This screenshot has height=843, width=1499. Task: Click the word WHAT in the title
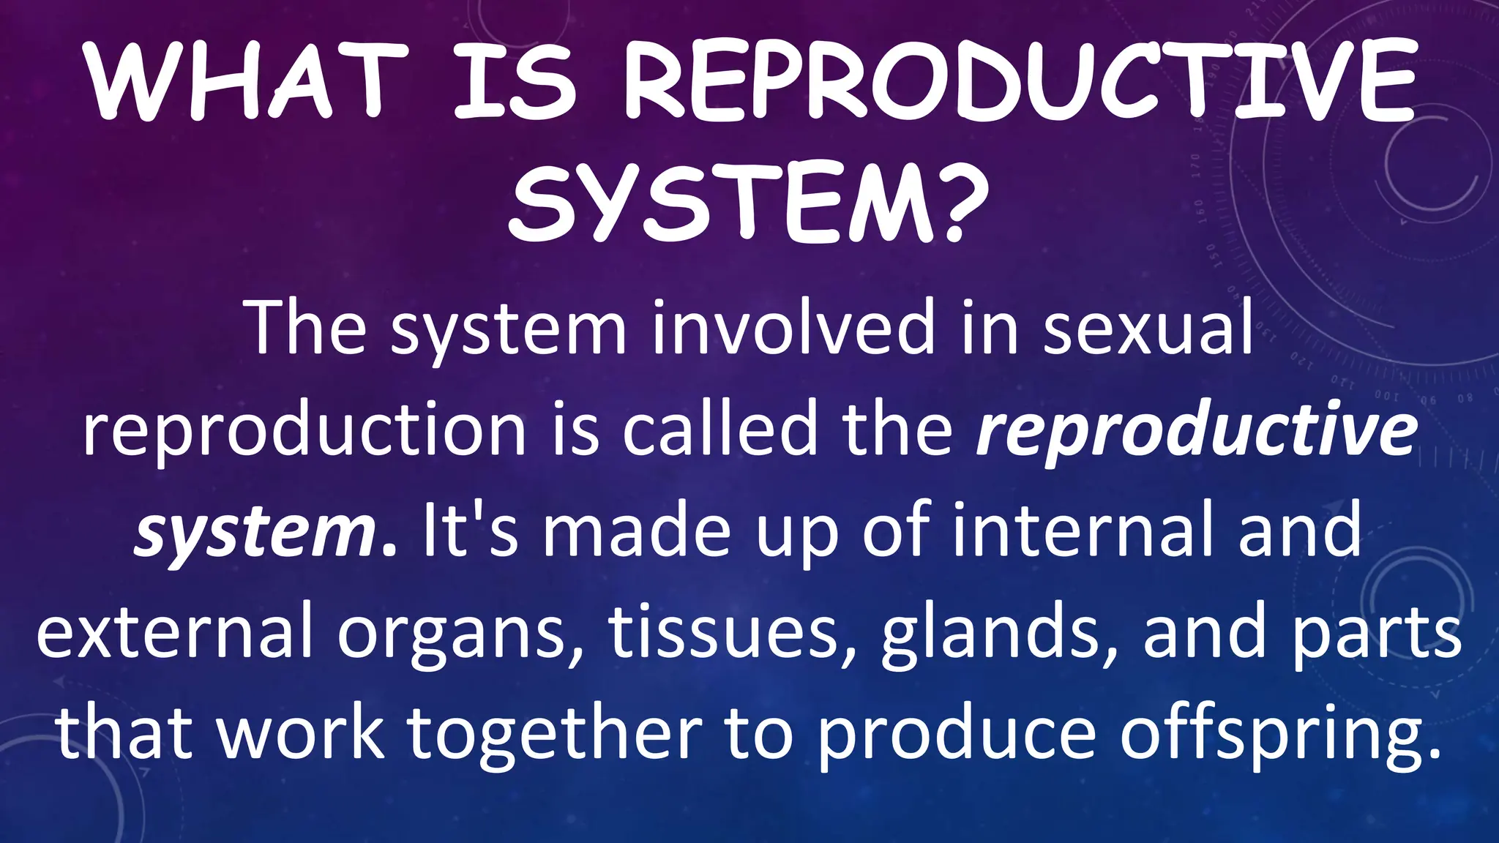[245, 82]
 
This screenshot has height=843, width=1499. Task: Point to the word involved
[794, 327]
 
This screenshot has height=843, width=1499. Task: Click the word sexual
[1148, 327]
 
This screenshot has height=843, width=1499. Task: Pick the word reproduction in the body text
[304, 430]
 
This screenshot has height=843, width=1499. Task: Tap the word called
[719, 430]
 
